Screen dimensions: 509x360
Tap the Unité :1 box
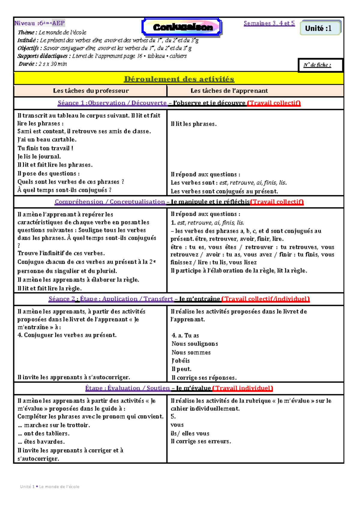click(x=320, y=28)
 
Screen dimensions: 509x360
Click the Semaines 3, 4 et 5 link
click(x=269, y=23)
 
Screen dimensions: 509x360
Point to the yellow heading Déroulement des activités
click(x=179, y=79)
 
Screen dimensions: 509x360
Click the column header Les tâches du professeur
click(x=91, y=91)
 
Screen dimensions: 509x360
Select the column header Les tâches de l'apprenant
click(x=229, y=91)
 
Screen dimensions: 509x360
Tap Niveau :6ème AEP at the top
click(x=39, y=23)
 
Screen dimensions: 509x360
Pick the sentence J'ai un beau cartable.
click(x=47, y=140)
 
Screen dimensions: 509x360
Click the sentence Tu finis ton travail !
click(x=45, y=148)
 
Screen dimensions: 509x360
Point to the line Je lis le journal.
click(x=39, y=157)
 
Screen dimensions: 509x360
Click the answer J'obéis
click(x=181, y=361)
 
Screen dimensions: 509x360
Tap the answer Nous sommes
click(x=191, y=353)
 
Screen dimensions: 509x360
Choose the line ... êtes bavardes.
click(x=41, y=442)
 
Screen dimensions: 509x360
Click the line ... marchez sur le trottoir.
click(x=54, y=425)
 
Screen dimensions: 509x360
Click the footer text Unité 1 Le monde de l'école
click(x=50, y=487)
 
